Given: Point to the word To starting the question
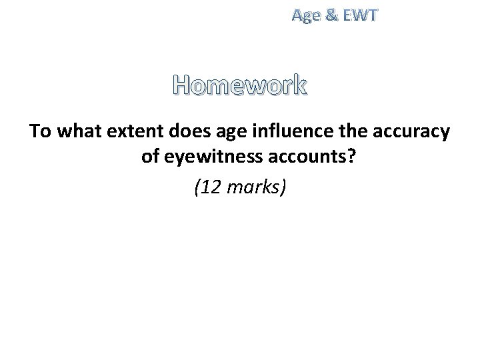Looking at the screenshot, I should point(41,131).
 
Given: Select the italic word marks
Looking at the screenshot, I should point(253,189).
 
